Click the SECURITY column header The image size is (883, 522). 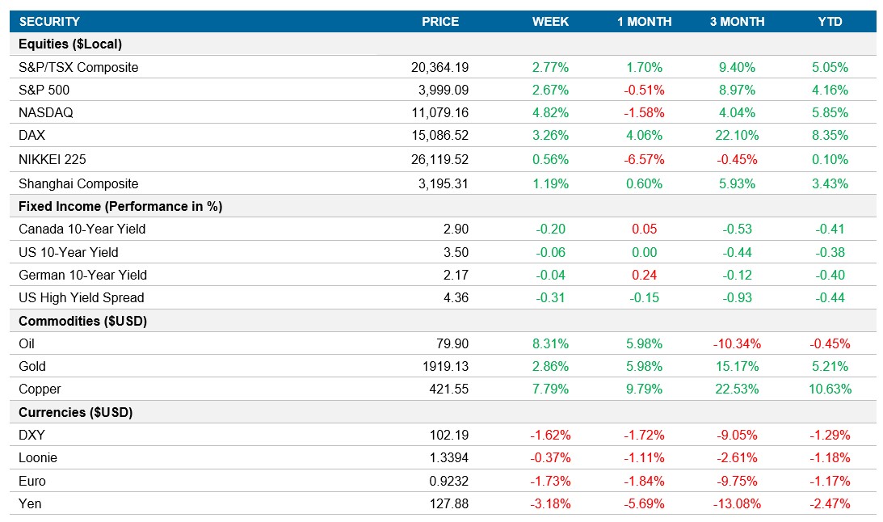[49, 22]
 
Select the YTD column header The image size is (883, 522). [830, 22]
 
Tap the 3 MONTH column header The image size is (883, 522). [737, 22]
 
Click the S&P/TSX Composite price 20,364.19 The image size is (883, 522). [439, 68]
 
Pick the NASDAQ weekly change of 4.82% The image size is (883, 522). [550, 113]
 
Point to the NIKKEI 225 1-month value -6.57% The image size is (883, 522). [644, 160]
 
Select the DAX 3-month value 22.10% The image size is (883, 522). [737, 137]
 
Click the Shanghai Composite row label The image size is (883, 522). [78, 183]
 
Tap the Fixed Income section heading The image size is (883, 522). [120, 207]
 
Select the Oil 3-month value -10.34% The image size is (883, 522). [737, 344]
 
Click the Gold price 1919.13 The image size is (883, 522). [445, 367]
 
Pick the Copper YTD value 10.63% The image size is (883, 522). [830, 389]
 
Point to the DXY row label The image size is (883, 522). [32, 436]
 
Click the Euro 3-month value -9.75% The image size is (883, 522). [737, 482]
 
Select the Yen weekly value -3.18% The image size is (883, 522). [550, 504]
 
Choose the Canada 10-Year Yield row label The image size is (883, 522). [82, 229]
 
